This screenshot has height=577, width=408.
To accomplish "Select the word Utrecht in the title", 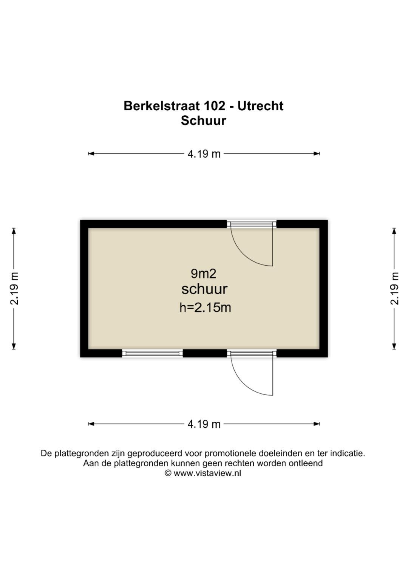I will click(x=260, y=106).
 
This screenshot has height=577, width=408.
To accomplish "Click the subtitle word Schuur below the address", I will click(x=203, y=121).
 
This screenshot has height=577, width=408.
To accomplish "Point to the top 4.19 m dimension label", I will click(x=204, y=154).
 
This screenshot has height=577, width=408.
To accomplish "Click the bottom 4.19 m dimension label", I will click(x=204, y=424).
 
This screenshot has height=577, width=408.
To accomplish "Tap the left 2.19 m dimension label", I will click(x=14, y=288).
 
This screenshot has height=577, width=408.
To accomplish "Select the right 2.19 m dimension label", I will click(x=394, y=288).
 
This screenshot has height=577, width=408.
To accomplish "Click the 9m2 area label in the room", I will click(x=203, y=273).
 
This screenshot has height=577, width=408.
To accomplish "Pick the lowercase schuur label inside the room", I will click(x=204, y=289).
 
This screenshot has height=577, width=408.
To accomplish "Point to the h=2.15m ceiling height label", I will click(x=205, y=308).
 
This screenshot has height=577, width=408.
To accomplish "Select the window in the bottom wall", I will click(x=153, y=353).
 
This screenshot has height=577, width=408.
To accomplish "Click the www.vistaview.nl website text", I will click(x=207, y=473).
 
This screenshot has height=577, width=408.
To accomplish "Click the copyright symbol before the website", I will click(x=168, y=473).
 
